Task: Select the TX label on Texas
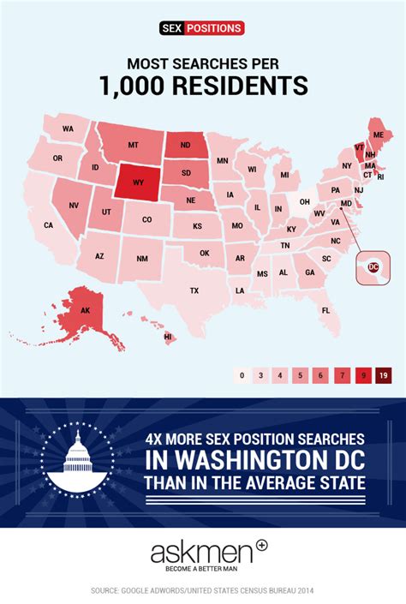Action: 194,290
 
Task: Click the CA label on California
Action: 49,225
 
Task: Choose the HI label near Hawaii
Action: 168,337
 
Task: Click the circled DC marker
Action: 373,266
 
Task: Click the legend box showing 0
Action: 242,374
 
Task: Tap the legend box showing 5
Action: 301,374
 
